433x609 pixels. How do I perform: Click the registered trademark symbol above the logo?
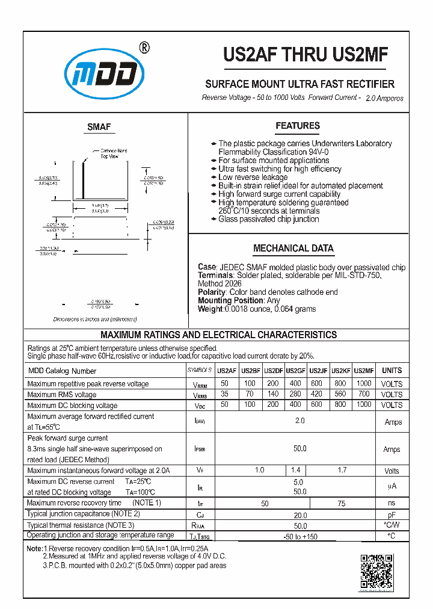click(x=144, y=48)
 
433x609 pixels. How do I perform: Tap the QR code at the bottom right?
click(x=376, y=571)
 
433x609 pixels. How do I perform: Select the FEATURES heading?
click(x=298, y=126)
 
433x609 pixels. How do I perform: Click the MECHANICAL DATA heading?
click(x=293, y=248)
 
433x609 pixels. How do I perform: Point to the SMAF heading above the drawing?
click(x=99, y=127)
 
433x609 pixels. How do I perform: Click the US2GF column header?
click(x=295, y=371)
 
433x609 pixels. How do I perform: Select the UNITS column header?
click(x=392, y=371)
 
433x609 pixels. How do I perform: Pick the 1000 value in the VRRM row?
click(x=364, y=384)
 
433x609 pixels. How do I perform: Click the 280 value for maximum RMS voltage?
click(x=295, y=395)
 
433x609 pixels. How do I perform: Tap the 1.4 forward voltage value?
click(x=295, y=471)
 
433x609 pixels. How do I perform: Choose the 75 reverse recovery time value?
click(x=341, y=503)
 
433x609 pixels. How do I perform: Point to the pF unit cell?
click(x=392, y=515)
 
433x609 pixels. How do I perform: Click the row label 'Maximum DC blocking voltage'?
click(x=72, y=406)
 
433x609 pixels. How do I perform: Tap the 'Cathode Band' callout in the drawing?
click(x=113, y=151)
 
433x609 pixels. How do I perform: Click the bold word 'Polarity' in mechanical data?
click(x=212, y=292)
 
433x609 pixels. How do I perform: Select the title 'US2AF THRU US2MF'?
click(x=306, y=55)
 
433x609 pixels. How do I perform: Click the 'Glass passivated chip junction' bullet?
click(x=268, y=220)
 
